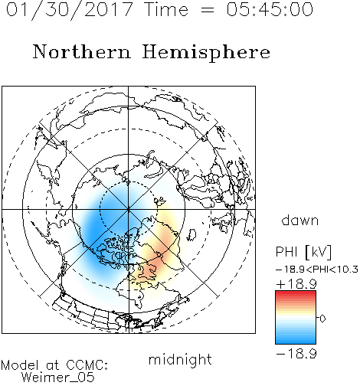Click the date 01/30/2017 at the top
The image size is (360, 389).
pos(70,10)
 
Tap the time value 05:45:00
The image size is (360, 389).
pos(270,9)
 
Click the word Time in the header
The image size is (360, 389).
pos(166,9)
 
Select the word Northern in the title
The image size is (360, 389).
pos(82,51)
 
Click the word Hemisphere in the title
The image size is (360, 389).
pos(206,53)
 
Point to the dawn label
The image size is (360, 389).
pos(300,220)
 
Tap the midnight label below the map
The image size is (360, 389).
pos(180,360)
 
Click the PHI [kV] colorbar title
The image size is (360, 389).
pos(303,252)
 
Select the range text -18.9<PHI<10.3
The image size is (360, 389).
pos(317,270)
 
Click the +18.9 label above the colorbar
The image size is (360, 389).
pos(296,284)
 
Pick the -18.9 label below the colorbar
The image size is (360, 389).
pos(296,354)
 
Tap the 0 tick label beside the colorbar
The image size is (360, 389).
pos(322,319)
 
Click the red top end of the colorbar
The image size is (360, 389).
pos(296,293)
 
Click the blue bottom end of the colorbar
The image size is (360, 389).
pos(296,341)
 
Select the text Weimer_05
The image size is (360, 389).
pos(58,377)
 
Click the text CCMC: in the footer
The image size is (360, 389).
pos(87,365)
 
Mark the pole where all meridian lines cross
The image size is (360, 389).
pos(129,210)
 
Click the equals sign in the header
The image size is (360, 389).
pos(208,10)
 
